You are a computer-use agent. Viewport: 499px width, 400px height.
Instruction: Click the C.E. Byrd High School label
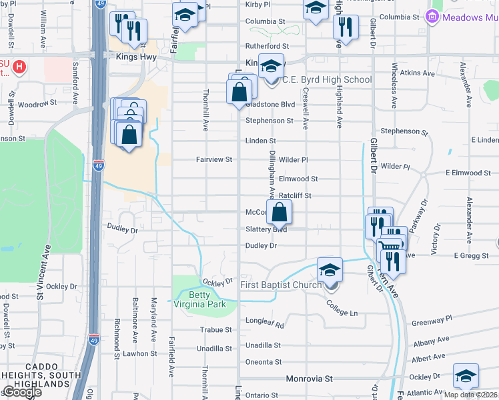(327, 80)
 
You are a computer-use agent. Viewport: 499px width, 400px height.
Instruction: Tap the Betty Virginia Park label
(199, 300)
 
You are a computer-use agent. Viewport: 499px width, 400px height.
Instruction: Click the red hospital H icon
(20, 67)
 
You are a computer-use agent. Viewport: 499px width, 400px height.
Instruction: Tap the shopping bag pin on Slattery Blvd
(280, 213)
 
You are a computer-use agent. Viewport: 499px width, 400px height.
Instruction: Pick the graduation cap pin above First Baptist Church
(330, 271)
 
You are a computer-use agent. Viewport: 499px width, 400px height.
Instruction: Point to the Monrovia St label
(309, 379)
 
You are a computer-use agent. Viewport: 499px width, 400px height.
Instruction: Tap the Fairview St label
(213, 159)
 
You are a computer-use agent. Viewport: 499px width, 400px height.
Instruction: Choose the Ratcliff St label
(296, 195)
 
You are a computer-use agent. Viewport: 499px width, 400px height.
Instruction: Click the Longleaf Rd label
(270, 326)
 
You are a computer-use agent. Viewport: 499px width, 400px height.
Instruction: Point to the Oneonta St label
(264, 362)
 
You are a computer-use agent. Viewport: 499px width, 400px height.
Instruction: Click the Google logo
(21, 392)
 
